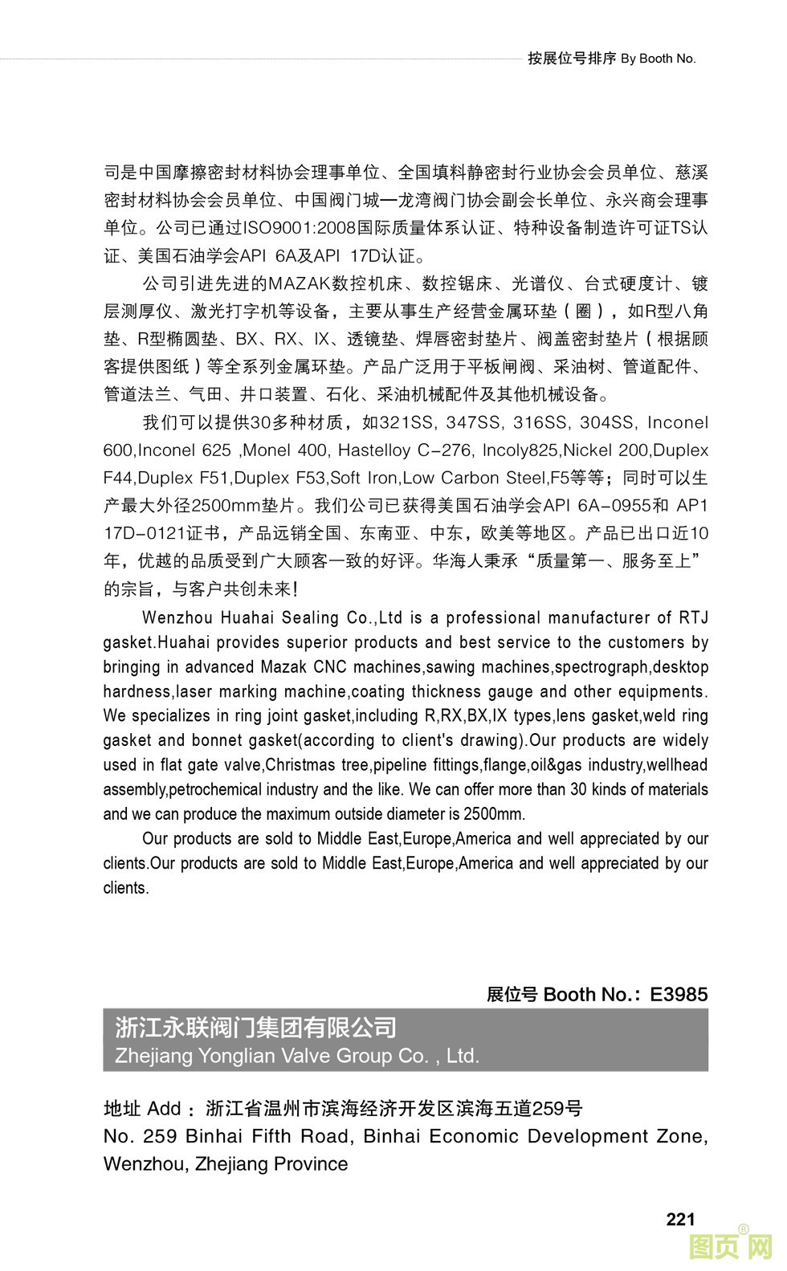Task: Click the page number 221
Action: (x=680, y=1219)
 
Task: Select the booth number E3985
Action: (x=679, y=994)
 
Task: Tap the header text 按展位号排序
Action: (x=572, y=58)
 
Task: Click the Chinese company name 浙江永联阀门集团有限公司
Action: (x=256, y=1027)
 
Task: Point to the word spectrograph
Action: (x=601, y=666)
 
